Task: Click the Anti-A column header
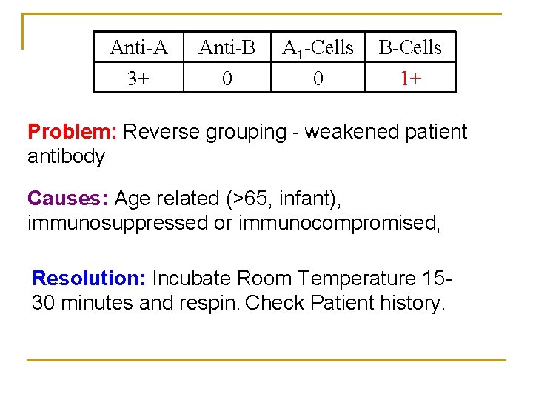(x=138, y=48)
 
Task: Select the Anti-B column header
(x=227, y=48)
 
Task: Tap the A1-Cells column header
(x=318, y=48)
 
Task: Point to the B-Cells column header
(x=410, y=48)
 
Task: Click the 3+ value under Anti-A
(x=138, y=78)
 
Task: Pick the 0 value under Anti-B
(x=227, y=78)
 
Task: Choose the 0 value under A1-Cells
(x=318, y=78)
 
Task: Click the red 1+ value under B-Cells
(x=411, y=78)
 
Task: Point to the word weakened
(x=353, y=132)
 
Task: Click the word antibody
(x=66, y=156)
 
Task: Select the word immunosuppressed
(x=118, y=223)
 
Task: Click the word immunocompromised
(x=339, y=223)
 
